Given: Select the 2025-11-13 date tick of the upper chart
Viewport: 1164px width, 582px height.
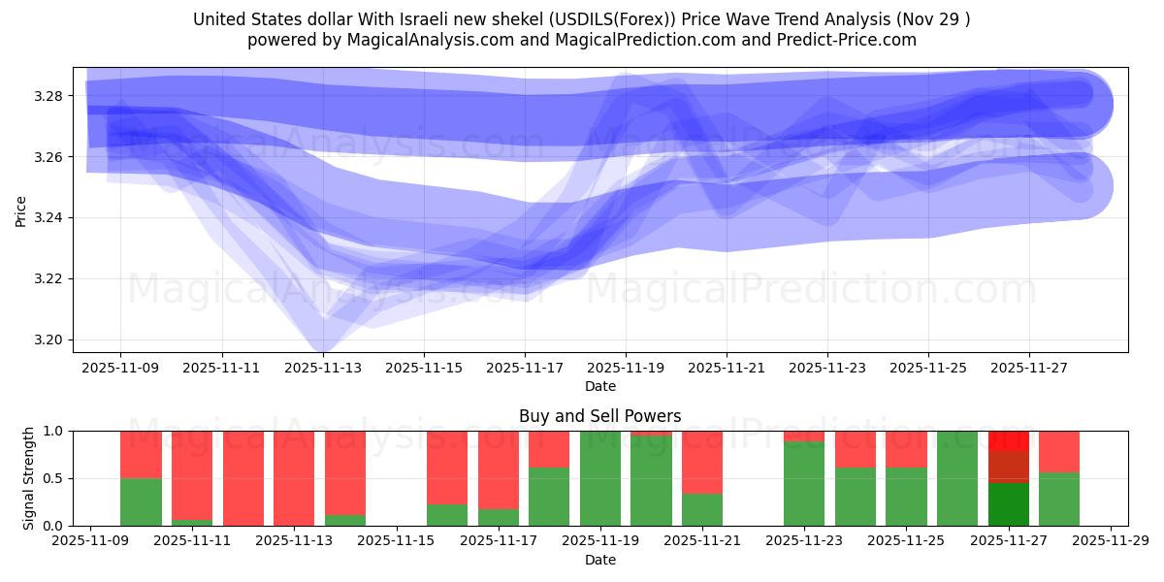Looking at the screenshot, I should (x=323, y=369).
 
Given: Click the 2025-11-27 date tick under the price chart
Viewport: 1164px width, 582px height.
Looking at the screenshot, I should (x=1029, y=369).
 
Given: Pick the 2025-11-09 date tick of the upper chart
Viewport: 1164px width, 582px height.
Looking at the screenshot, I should (x=120, y=369).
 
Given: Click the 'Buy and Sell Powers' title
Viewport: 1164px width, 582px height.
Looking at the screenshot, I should (x=599, y=416).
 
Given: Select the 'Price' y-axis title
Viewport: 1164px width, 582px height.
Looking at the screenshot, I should (x=21, y=210).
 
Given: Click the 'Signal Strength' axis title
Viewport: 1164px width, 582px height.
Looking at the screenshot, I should (x=29, y=478).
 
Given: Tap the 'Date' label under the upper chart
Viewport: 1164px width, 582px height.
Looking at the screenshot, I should (x=599, y=386).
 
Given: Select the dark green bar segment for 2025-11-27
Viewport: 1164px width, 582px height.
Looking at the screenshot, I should (x=1009, y=504).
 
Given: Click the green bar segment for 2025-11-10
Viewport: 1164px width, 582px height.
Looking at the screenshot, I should (x=141, y=501).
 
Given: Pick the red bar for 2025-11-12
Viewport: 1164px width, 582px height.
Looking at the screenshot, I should (x=243, y=478).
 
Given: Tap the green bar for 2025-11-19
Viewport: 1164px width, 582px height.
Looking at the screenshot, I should (x=600, y=478).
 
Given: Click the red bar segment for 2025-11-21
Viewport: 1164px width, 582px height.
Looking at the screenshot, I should (x=702, y=462).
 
